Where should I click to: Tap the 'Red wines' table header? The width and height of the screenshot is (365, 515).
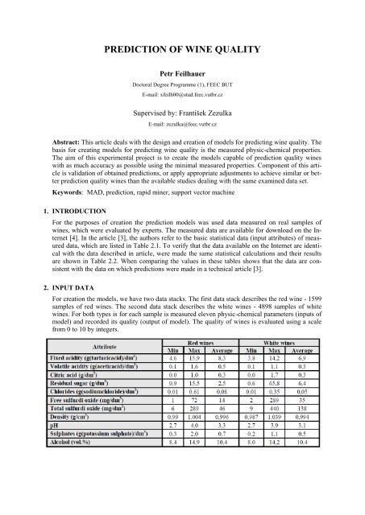(x=227, y=387)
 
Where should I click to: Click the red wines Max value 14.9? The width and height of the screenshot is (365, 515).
(x=227, y=509)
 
